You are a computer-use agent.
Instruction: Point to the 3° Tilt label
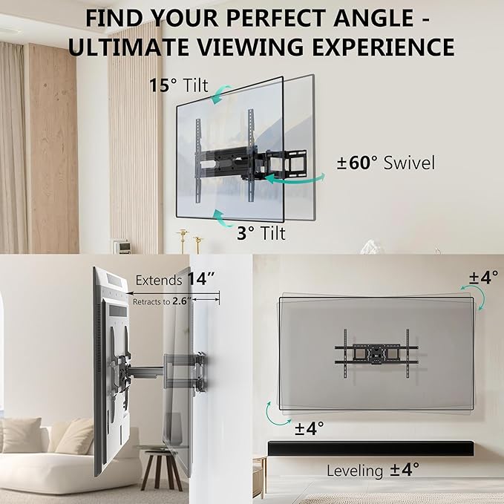261,232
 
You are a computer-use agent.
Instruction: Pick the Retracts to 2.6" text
163,301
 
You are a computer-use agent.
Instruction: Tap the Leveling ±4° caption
373,469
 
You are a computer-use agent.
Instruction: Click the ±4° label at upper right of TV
483,278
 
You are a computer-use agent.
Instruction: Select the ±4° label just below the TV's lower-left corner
309,428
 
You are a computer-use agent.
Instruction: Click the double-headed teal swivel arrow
296,177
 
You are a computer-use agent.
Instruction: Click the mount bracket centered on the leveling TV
374,351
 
